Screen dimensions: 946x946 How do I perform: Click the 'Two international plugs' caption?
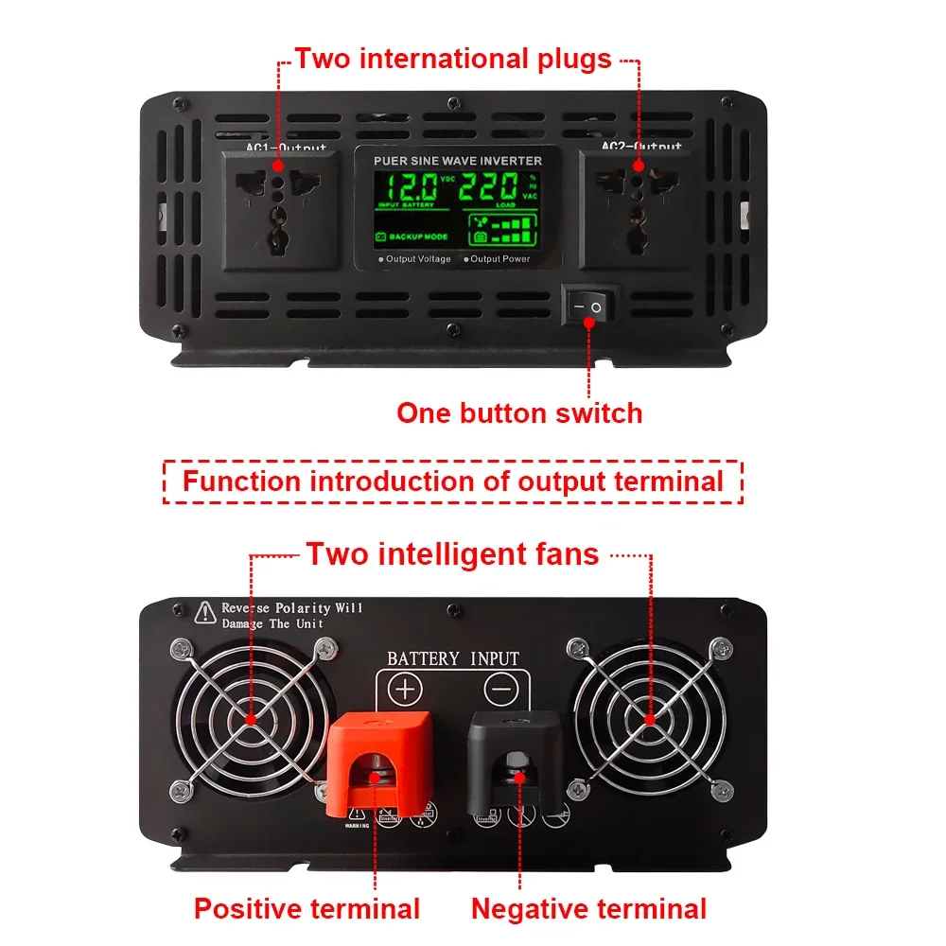pyautogui.click(x=453, y=59)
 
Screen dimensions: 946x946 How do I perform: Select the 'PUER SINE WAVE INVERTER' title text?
pyautogui.click(x=458, y=161)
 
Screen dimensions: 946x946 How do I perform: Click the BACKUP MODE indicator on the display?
pyautogui.click(x=412, y=236)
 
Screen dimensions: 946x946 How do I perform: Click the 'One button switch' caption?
pyautogui.click(x=519, y=413)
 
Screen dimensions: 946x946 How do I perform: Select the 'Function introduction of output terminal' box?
pyautogui.click(x=453, y=481)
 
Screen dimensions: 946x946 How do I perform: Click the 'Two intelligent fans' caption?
pyautogui.click(x=452, y=553)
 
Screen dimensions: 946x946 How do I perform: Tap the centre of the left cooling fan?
pyautogui.click(x=252, y=719)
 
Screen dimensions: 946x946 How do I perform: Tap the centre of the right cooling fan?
pyautogui.click(x=650, y=719)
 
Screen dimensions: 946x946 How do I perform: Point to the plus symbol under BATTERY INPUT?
pyautogui.click(x=405, y=689)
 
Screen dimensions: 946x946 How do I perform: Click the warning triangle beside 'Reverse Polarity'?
pyautogui.click(x=204, y=613)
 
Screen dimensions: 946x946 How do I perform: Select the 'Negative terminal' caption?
pyautogui.click(x=588, y=909)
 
